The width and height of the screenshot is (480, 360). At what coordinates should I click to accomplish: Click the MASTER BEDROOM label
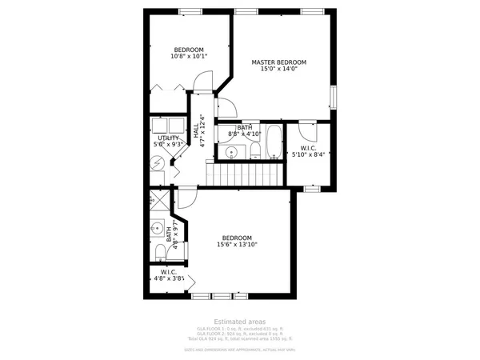(278, 62)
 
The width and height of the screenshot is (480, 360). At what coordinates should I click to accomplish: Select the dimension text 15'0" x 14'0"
(278, 70)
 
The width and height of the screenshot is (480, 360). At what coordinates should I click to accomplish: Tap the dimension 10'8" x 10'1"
(189, 57)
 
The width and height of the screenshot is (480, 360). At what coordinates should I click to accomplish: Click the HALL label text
(195, 130)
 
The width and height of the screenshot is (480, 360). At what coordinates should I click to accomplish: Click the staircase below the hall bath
(245, 173)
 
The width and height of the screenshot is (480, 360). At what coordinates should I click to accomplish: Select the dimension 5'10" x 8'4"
(309, 155)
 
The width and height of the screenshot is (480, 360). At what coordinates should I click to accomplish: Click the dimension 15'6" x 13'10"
(237, 246)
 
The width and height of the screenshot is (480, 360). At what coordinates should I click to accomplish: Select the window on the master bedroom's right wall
(334, 96)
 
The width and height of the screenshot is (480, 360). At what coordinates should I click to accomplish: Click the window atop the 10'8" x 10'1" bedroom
(190, 11)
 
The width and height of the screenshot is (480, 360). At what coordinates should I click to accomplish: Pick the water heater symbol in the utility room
(158, 162)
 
